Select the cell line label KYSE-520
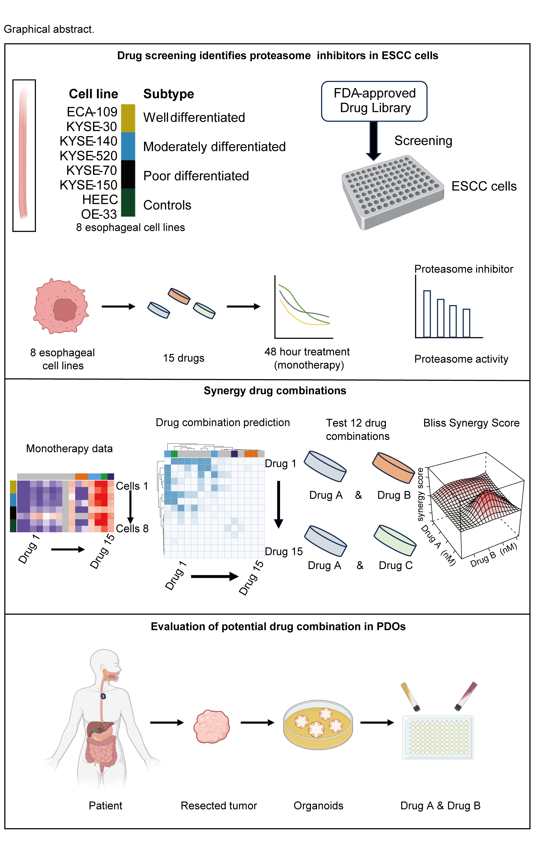[x=88, y=156]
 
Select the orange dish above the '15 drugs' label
[x=179, y=296]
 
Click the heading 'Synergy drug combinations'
[x=275, y=391]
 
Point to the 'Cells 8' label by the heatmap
[x=132, y=528]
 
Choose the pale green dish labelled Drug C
[x=395, y=540]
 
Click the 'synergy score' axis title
[x=420, y=494]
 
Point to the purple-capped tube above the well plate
[x=465, y=696]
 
